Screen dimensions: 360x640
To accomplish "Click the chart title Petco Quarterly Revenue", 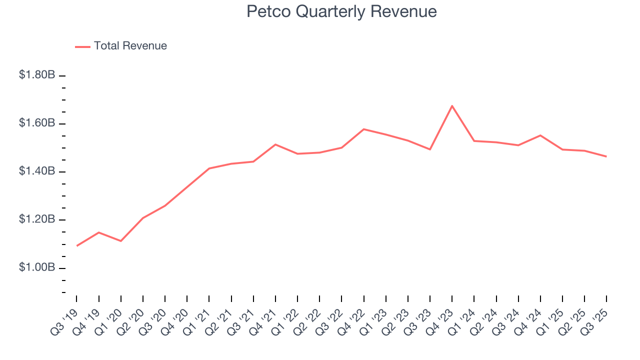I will (341, 11).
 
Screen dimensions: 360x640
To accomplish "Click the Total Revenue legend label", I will (130, 46).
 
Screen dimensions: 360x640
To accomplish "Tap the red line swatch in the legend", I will (82, 46).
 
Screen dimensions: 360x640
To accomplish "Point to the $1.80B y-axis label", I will (37, 75).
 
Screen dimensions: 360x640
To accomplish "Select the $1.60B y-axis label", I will (37, 123).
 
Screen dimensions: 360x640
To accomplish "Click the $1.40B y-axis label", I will (37, 171).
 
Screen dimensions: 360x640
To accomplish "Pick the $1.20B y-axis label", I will (37, 219).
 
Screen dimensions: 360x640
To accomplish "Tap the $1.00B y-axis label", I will (37, 267).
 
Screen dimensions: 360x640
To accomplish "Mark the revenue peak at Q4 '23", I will (452, 106).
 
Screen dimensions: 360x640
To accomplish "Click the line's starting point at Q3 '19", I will (77, 245).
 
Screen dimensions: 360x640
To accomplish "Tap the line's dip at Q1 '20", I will (121, 241).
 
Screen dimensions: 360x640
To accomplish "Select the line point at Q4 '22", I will (364, 129).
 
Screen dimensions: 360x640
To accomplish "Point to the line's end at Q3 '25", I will (606, 156).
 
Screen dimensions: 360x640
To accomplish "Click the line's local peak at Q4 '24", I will (540, 135).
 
